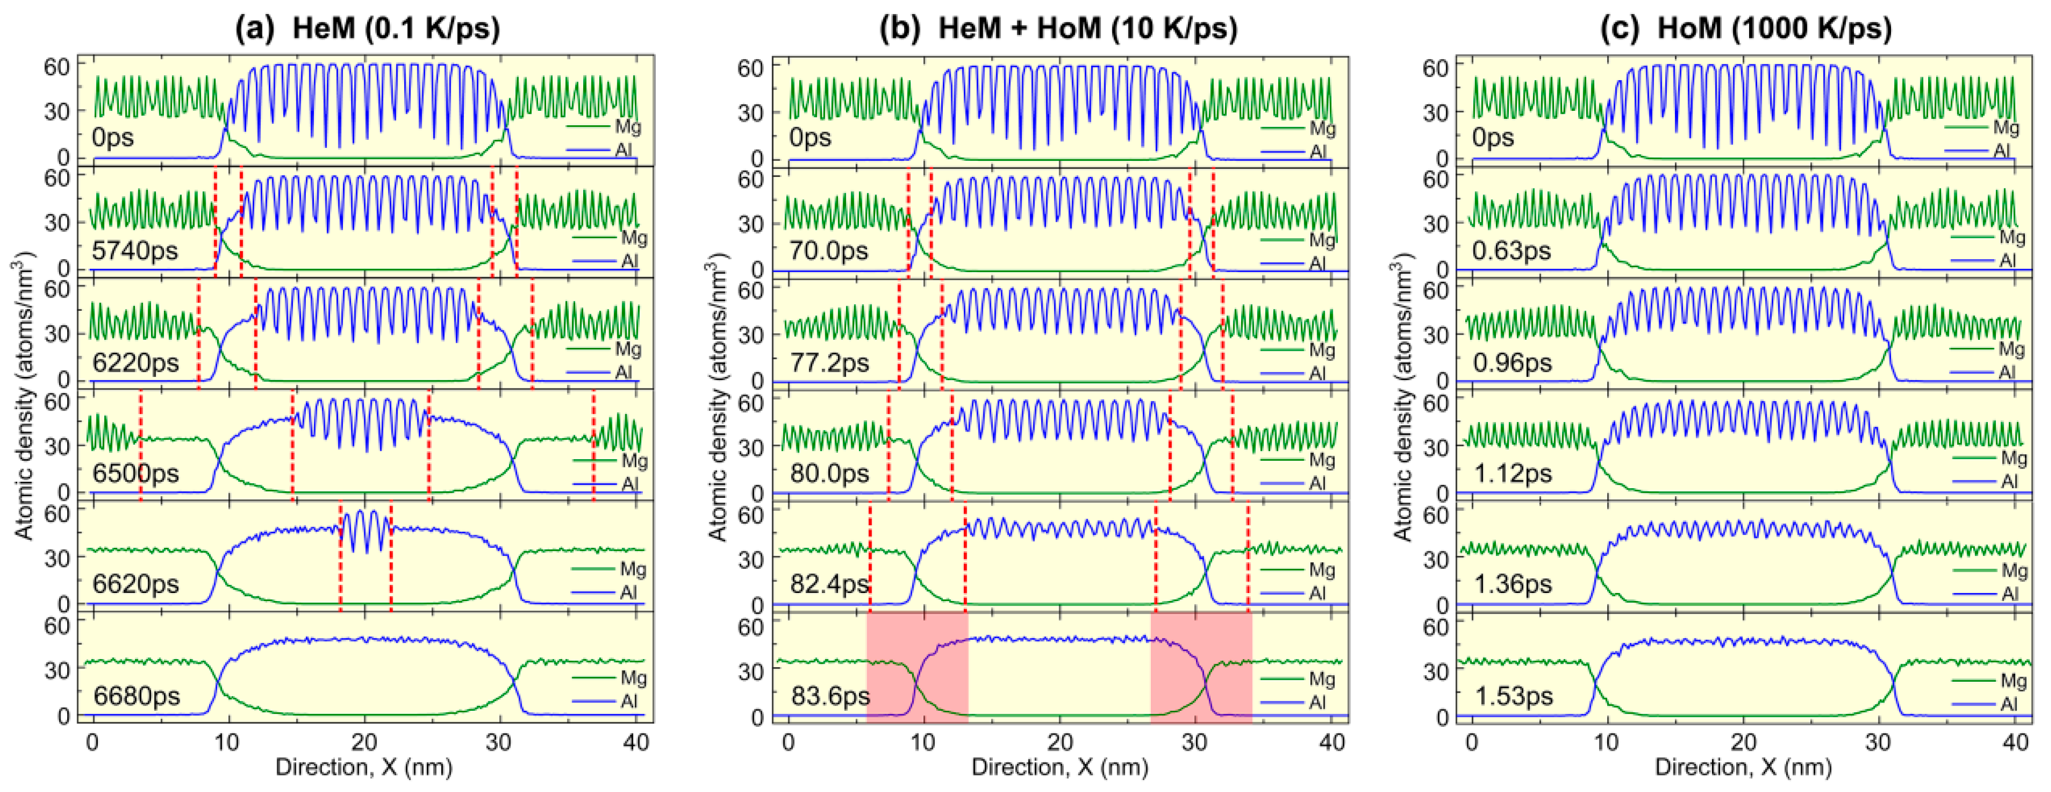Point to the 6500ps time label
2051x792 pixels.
coord(135,473)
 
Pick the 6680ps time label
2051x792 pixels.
coord(136,696)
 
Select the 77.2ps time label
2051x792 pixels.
coord(829,363)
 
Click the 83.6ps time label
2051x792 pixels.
coord(829,696)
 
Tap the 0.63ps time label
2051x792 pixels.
coord(1511,251)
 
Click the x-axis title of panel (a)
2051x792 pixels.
coord(364,767)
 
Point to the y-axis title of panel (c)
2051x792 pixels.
coord(1403,398)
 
